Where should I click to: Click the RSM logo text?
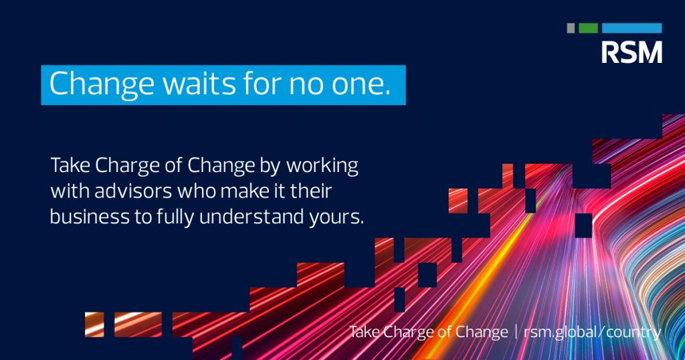pos(631,52)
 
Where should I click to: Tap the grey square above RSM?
pos(571,28)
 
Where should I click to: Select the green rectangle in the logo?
pos(588,28)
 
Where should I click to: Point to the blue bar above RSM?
pos(631,28)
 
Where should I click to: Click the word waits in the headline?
pos(199,83)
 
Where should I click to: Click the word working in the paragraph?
pos(322,167)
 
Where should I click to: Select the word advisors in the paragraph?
pos(133,191)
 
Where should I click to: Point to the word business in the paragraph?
pos(90,217)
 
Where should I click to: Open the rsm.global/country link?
pos(593,332)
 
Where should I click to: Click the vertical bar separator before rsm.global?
pos(516,332)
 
